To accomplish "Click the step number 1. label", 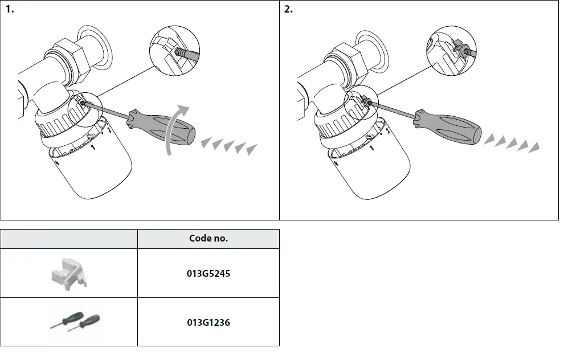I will [10, 10].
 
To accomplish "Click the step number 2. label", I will [288, 10].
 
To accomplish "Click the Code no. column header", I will [208, 239].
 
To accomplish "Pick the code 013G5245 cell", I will [208, 273].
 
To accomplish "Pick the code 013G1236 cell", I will [208, 322].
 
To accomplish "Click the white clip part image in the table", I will [68, 273].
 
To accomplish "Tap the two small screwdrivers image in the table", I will [72, 322].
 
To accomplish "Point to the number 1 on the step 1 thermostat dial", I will [93, 148].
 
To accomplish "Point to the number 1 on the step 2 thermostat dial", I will [371, 148].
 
